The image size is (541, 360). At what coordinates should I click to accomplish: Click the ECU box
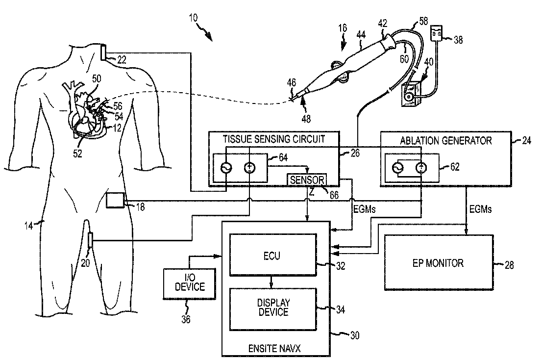(273, 255)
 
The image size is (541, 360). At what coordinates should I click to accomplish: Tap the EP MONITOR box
(439, 262)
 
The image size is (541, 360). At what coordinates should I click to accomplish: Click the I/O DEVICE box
(190, 283)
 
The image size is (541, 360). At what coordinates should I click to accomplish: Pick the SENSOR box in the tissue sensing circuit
(307, 180)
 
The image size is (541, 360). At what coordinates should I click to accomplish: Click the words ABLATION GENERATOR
(446, 141)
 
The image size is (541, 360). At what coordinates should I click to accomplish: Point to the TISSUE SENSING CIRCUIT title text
(274, 139)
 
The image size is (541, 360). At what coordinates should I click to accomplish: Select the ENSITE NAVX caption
(274, 348)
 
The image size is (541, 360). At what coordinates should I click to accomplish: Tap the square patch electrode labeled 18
(115, 200)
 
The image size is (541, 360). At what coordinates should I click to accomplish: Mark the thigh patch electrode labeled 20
(90, 241)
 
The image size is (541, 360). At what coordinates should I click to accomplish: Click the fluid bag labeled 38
(437, 33)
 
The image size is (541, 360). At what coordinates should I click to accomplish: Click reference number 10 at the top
(193, 17)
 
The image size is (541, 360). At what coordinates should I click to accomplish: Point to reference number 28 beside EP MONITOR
(509, 265)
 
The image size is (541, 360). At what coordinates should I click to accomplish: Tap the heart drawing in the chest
(86, 110)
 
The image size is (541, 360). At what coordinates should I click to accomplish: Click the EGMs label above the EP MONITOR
(480, 209)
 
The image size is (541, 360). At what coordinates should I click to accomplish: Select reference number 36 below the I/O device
(186, 319)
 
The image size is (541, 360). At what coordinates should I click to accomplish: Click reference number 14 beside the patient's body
(28, 226)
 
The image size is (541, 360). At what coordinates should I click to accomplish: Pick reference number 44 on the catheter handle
(361, 35)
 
